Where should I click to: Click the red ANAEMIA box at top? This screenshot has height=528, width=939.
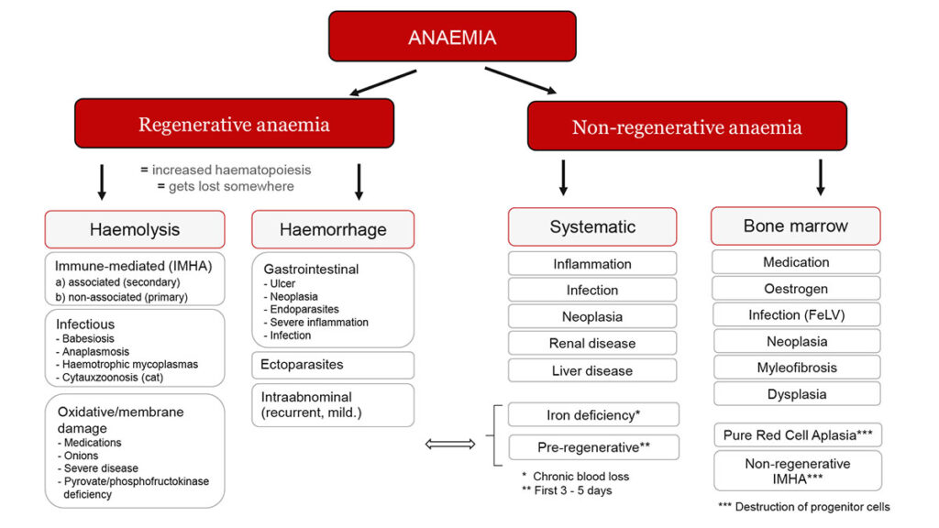(452, 37)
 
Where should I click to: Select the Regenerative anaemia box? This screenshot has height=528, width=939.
(234, 124)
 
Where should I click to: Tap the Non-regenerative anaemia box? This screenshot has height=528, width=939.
(687, 126)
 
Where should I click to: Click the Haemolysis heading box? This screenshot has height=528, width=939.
(135, 229)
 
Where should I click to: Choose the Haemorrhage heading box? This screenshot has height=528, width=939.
(333, 229)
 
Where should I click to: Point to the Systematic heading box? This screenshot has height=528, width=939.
(592, 226)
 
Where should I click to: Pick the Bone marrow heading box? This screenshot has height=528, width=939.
(795, 225)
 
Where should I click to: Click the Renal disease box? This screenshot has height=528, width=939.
(592, 343)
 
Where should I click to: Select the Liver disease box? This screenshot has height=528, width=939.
(592, 370)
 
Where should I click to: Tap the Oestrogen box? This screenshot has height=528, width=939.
(795, 289)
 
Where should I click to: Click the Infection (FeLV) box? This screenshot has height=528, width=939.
(795, 314)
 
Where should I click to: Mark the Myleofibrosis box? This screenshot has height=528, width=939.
(795, 368)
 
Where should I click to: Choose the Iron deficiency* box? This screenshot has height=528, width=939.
(592, 414)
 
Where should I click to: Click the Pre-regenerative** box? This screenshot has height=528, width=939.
(592, 447)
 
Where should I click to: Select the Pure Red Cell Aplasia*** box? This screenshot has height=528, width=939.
(795, 434)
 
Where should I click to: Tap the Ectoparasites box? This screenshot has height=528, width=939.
(333, 365)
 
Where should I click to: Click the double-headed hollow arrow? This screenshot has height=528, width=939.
(451, 445)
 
